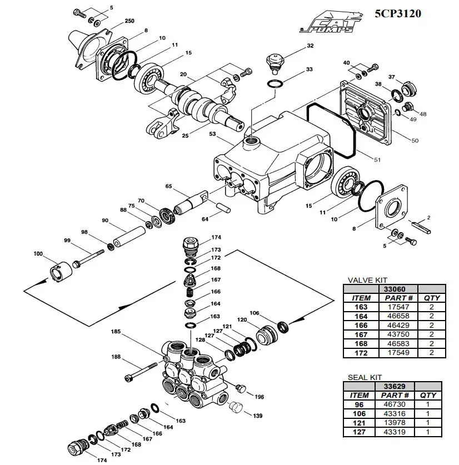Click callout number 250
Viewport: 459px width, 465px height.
pos(129,21)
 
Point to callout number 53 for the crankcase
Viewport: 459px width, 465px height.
pos(212,134)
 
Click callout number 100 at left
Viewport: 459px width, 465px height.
pos(38,254)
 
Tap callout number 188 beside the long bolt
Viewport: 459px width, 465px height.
pos(116,357)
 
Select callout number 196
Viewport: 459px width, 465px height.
pos(259,397)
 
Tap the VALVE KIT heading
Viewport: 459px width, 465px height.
pos(367,281)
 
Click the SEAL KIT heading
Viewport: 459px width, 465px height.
pos(365,378)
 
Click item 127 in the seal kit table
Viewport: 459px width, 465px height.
pos(358,432)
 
